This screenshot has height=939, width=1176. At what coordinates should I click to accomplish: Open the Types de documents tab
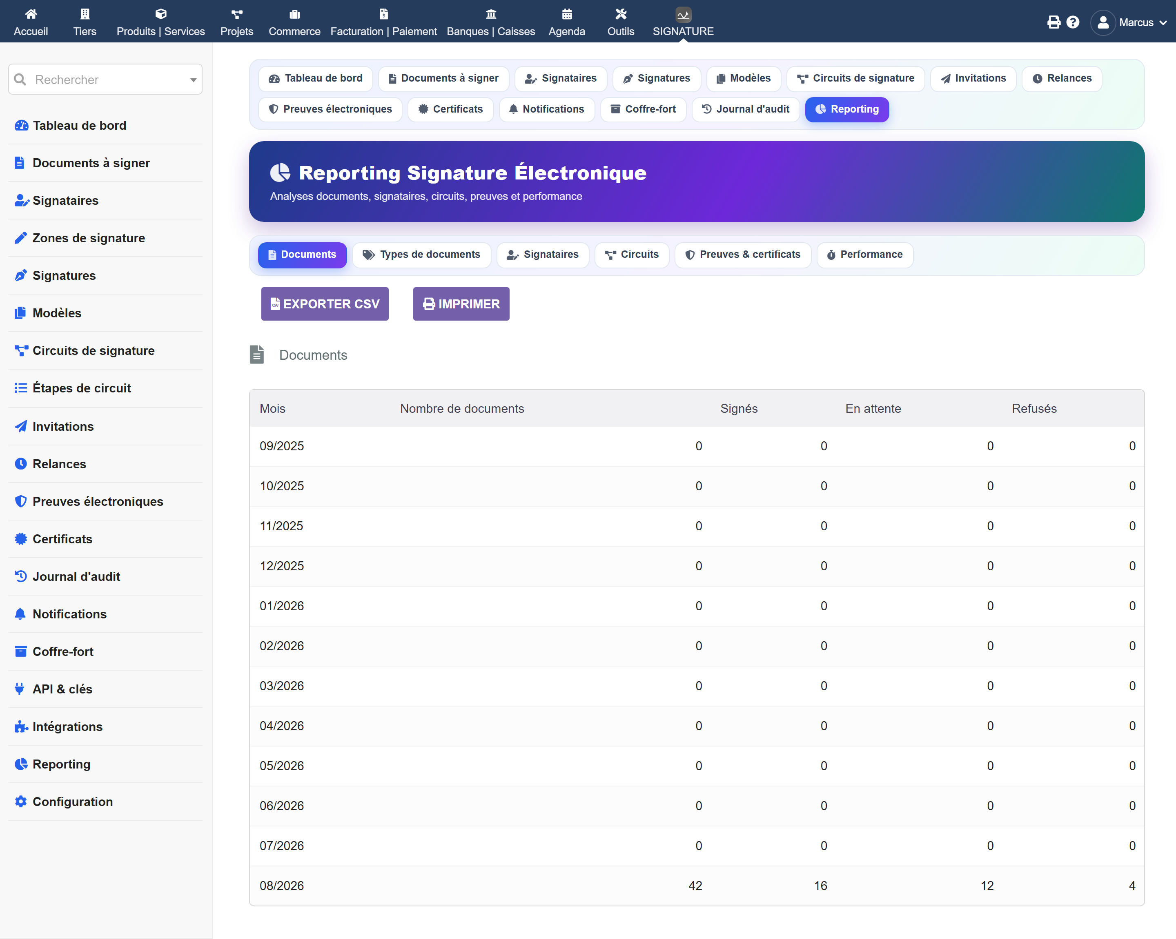422,255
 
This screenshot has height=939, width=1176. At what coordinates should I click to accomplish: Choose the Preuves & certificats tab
743,255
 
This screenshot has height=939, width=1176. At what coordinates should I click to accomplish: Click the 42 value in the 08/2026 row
695,886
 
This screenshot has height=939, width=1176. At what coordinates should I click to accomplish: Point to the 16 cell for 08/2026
820,886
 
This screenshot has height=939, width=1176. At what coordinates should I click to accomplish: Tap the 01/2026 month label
281,606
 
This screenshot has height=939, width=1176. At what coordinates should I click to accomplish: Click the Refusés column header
1034,409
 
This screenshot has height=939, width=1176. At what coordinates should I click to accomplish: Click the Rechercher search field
105,80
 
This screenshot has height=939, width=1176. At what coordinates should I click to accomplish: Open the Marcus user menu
1128,22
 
